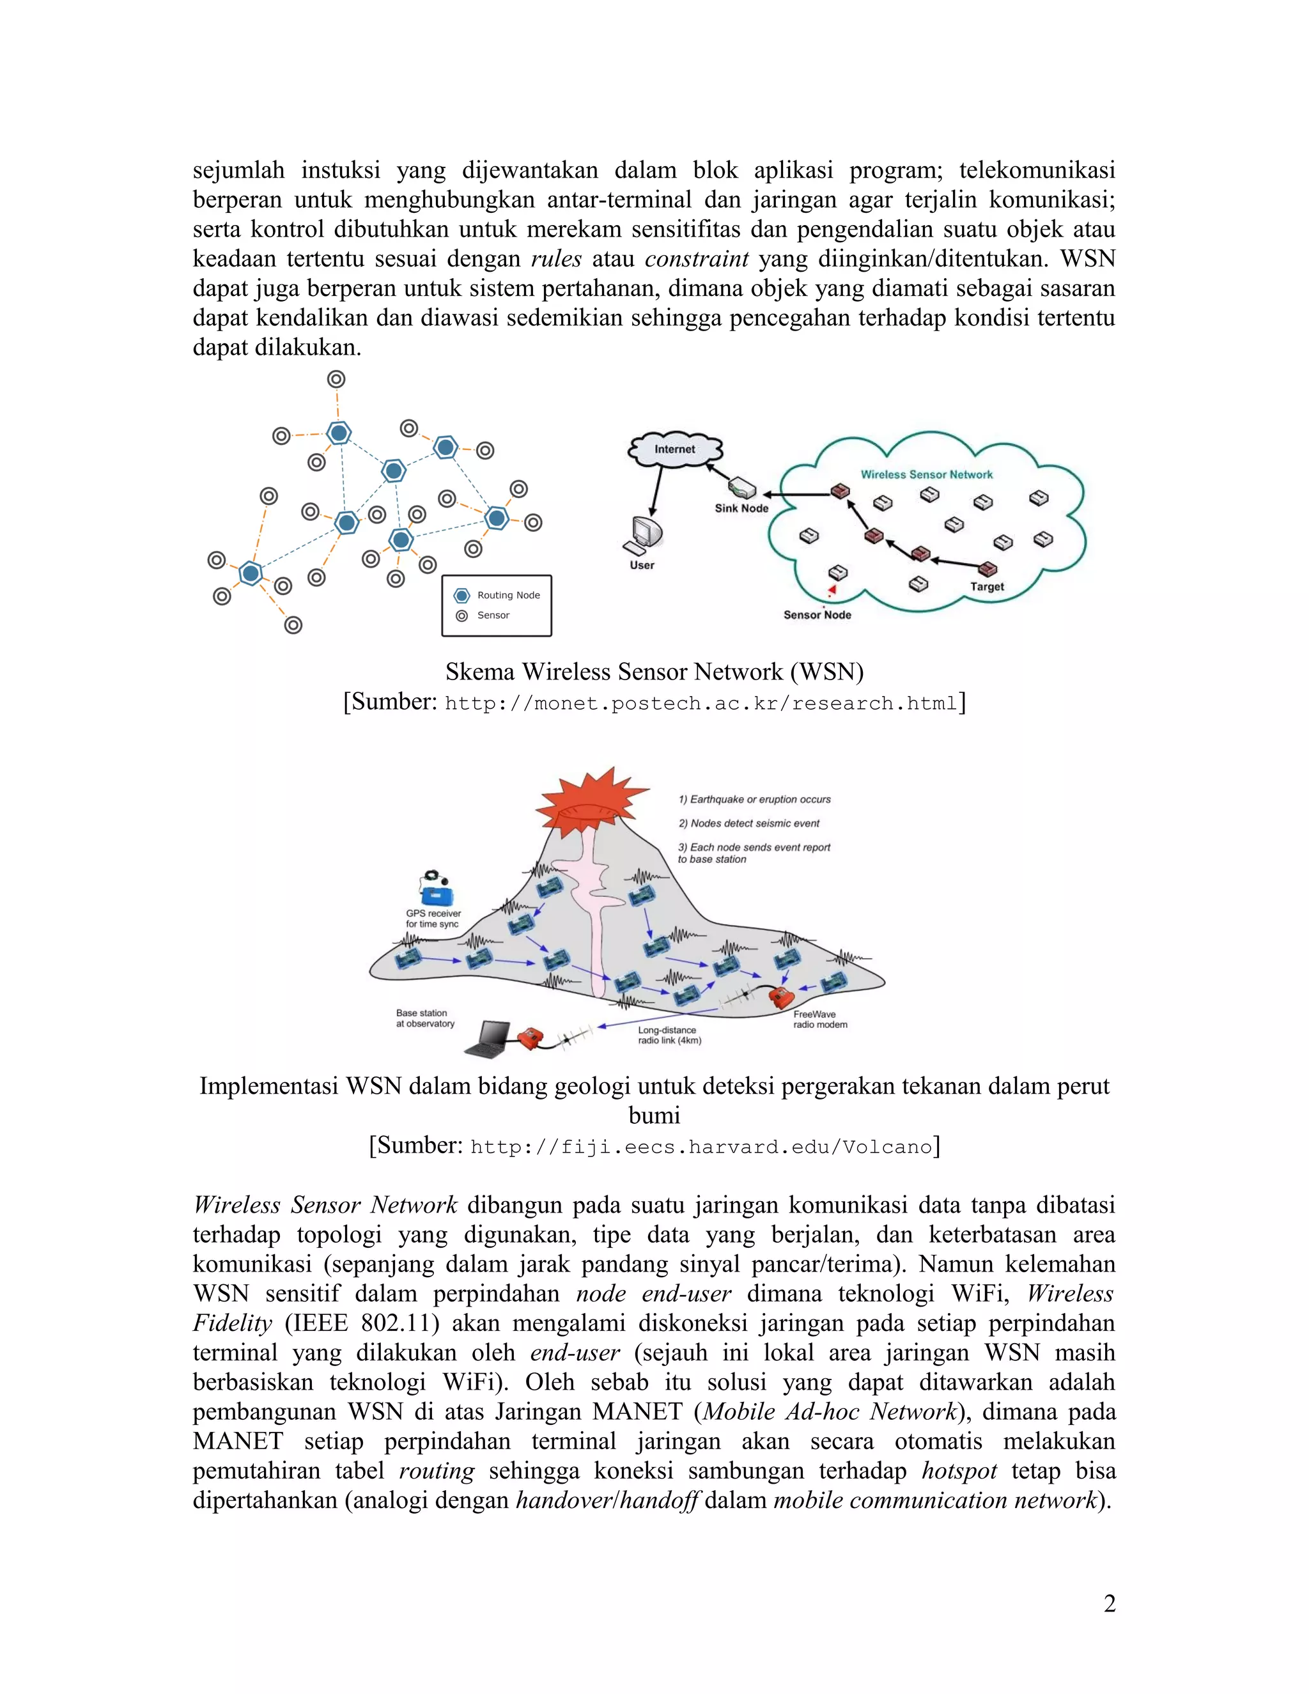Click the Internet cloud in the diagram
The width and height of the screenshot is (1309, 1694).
675,449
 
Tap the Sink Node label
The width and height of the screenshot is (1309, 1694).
741,508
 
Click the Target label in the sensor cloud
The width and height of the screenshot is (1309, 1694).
986,586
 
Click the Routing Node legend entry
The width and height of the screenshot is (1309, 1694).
508,595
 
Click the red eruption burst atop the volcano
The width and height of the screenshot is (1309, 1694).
592,799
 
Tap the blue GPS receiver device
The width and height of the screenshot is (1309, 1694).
437,894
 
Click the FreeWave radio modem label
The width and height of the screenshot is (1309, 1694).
819,1019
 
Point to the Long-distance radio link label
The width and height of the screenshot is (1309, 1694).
669,1036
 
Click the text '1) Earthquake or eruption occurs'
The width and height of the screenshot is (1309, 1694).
754,799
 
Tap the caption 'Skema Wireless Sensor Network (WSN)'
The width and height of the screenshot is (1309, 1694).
654,672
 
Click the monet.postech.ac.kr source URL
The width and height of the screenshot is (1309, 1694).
701,704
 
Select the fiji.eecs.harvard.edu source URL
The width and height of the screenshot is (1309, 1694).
701,1146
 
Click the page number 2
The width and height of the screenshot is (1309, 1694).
1109,1603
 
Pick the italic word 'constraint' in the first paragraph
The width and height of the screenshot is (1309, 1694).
697,258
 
